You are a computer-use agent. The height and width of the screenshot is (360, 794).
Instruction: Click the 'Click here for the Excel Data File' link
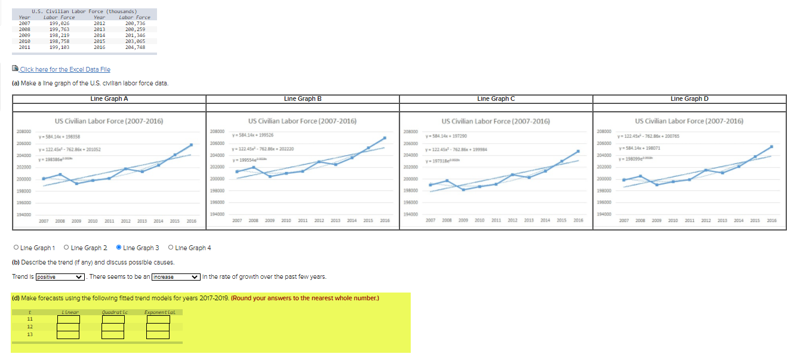tap(65, 70)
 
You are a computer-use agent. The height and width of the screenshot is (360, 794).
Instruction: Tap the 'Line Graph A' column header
tap(109, 99)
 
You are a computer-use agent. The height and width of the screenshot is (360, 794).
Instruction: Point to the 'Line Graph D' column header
tap(690, 99)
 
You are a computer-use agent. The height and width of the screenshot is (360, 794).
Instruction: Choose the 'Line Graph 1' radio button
tap(16, 248)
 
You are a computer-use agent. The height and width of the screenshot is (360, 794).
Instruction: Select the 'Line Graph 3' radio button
tap(119, 248)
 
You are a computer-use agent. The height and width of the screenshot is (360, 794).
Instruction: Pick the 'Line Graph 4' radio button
tap(171, 248)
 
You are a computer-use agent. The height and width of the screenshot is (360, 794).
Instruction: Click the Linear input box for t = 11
tap(69, 319)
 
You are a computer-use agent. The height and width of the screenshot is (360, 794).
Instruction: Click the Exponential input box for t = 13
tap(158, 335)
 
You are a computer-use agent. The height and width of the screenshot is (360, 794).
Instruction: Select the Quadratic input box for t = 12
tap(113, 327)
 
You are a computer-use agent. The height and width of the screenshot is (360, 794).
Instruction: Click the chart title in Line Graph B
tap(303, 121)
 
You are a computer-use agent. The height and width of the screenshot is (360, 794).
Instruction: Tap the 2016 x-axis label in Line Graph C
tap(578, 220)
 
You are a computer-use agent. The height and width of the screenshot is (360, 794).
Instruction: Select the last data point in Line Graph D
tap(772, 146)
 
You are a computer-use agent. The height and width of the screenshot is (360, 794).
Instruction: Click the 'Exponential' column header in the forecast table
tap(158, 312)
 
